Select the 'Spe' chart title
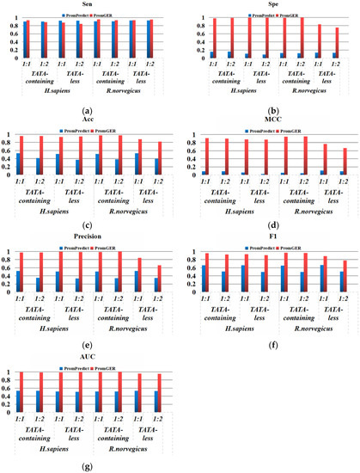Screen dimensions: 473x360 (270, 4)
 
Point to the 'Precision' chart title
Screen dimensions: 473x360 (88, 239)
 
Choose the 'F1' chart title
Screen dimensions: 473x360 (270, 239)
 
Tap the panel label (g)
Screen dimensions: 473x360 (88, 464)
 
